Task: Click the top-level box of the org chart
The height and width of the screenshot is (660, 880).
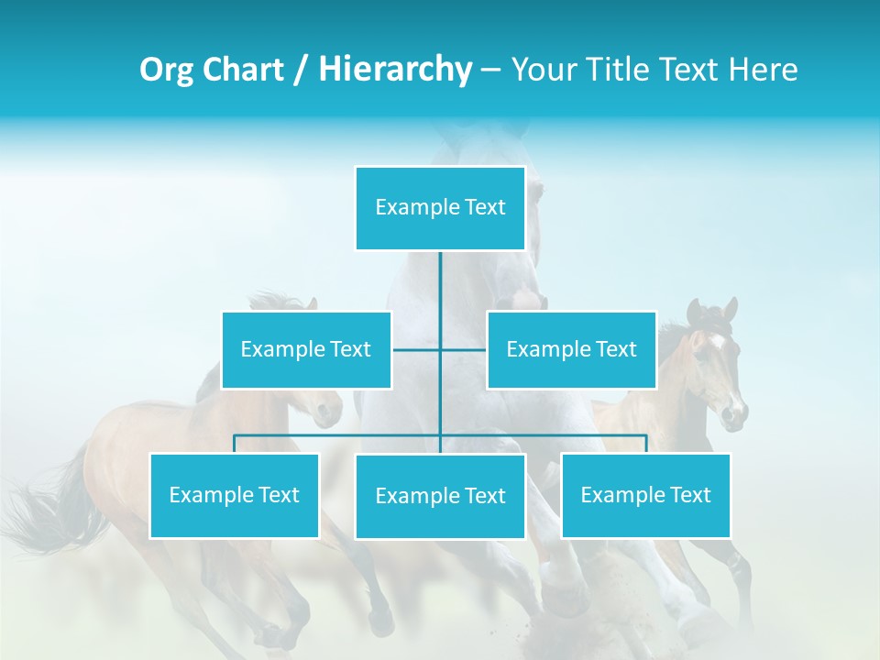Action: click(x=440, y=208)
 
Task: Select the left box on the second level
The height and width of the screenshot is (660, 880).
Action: click(x=306, y=349)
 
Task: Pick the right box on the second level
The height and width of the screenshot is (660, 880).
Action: click(x=571, y=349)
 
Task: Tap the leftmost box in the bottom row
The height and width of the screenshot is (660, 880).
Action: click(x=234, y=495)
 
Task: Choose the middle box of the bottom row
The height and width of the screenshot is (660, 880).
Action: click(x=440, y=496)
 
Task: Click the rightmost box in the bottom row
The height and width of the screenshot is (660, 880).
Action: click(x=645, y=495)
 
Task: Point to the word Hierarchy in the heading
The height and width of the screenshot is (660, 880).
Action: click(x=394, y=70)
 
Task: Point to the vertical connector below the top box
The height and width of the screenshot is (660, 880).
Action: click(x=440, y=293)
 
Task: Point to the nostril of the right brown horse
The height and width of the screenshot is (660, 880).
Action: click(x=732, y=414)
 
